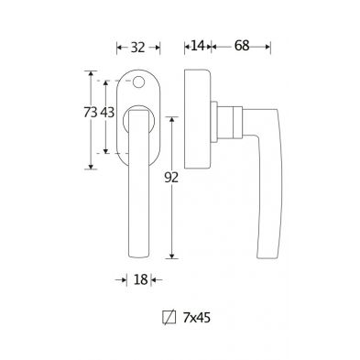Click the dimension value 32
point(137,48)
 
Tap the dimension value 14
point(197,46)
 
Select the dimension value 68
point(242,46)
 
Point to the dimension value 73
point(91,113)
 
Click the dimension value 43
point(107,113)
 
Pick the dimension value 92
point(171,178)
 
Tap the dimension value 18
point(141,279)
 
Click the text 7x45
point(197,318)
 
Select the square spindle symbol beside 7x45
point(169,318)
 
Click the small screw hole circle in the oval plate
point(138,82)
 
